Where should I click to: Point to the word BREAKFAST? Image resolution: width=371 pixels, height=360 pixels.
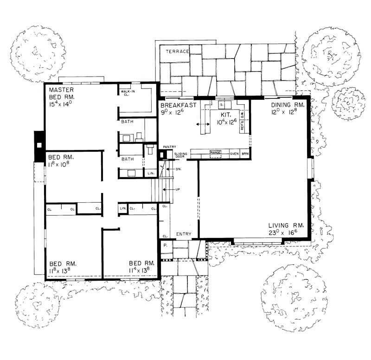(x=178, y=106)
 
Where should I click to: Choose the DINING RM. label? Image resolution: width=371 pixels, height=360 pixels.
(x=288, y=106)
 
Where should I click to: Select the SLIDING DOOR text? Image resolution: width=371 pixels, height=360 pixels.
(x=180, y=154)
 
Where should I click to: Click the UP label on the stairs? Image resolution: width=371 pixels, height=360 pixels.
(x=178, y=190)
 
